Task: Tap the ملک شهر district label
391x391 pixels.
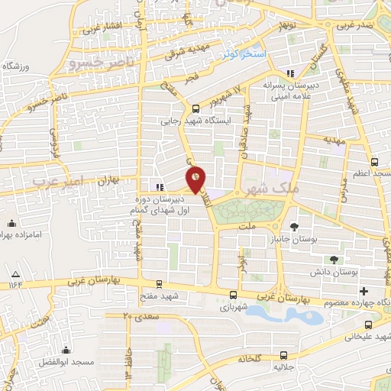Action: [261, 187]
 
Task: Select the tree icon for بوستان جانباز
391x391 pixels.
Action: [294, 226]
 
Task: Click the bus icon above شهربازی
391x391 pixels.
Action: [233, 295]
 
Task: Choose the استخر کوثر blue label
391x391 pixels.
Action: [244, 55]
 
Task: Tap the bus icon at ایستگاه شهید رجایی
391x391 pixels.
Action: [195, 108]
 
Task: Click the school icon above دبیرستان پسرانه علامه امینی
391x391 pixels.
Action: [289, 74]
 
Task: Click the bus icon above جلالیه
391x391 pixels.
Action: [283, 354]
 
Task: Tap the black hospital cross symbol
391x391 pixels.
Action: [364, 291]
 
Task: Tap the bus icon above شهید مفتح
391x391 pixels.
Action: [158, 283]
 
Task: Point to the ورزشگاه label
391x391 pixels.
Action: [18, 67]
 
